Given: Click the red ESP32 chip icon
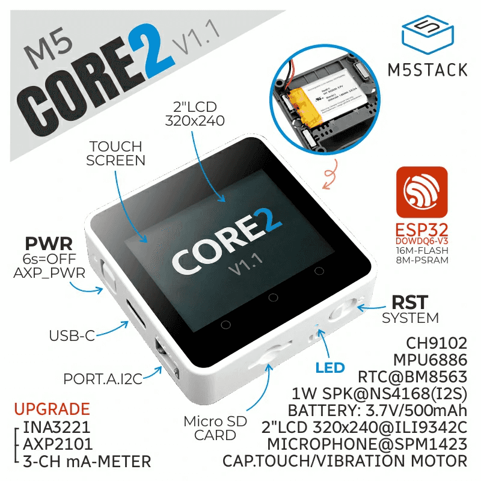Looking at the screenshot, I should (421, 192).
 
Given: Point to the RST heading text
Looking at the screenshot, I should (411, 301).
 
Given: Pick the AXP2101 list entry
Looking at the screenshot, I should (58, 446).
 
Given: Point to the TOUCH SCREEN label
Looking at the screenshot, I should (115, 153).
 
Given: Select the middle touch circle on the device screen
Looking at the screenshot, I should (272, 297).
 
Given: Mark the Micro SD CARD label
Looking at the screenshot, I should (215, 427).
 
